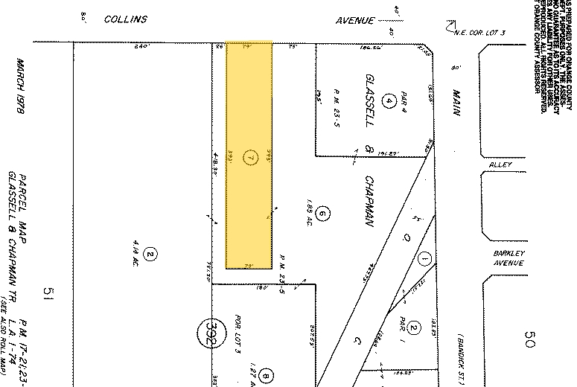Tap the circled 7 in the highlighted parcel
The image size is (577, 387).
click(251, 157)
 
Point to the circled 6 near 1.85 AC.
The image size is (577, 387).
click(322, 214)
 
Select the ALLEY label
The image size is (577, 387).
click(500, 164)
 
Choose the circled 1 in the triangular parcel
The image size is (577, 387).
click(425, 259)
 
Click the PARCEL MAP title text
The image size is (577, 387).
click(22, 200)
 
